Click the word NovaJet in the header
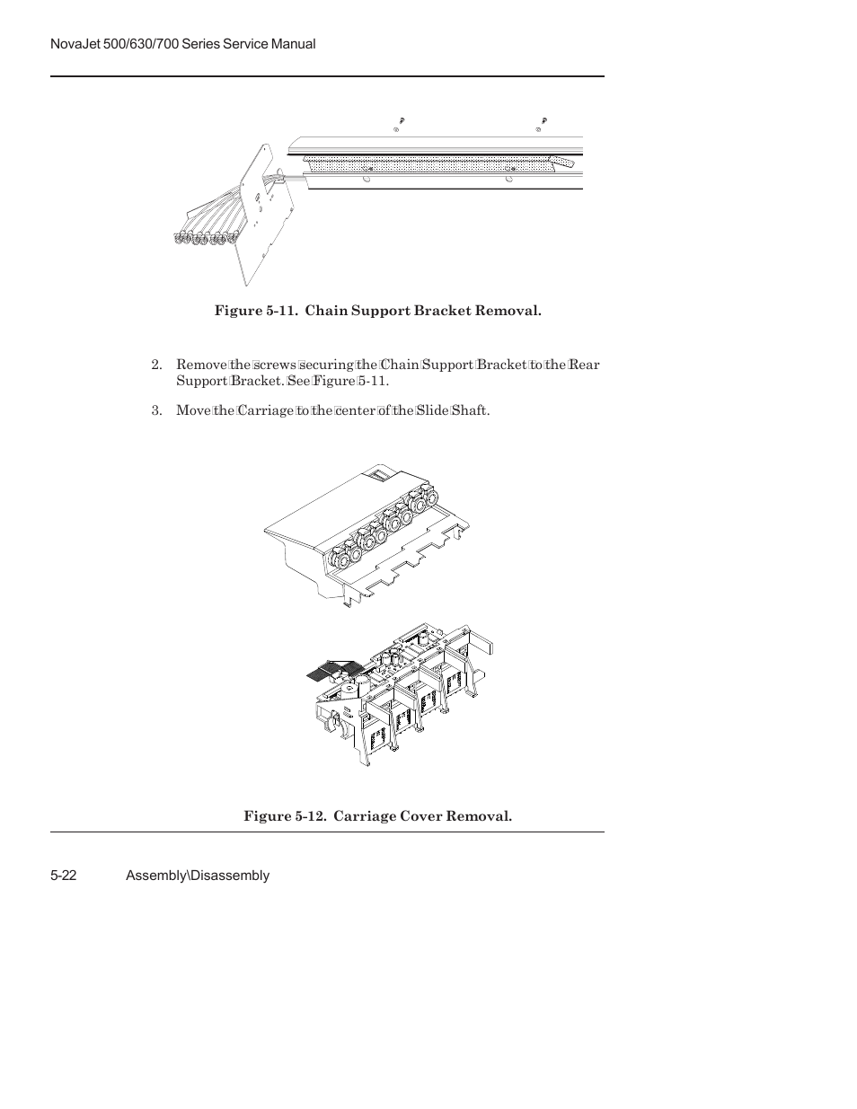[x=75, y=44]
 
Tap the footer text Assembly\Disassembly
[x=198, y=876]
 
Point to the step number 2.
[x=156, y=365]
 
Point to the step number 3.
[x=156, y=411]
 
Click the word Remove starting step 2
[x=201, y=365]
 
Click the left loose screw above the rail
[x=402, y=120]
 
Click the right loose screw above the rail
[x=544, y=120]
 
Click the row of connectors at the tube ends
[x=204, y=238]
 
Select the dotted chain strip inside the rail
[x=431, y=163]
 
